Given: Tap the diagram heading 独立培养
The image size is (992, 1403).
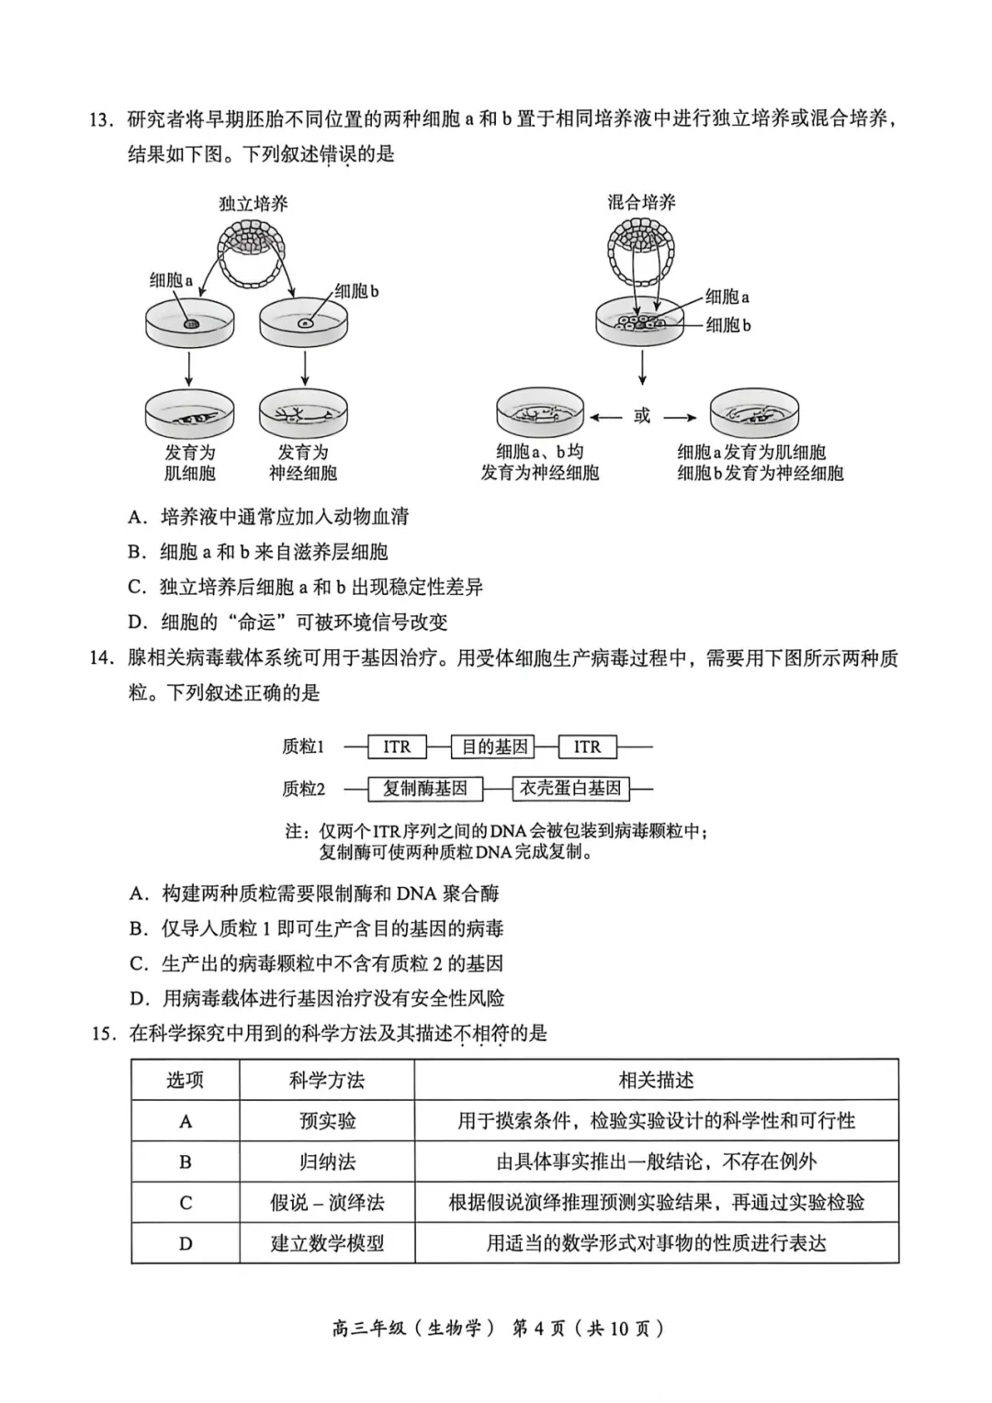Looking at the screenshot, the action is pyautogui.click(x=253, y=203).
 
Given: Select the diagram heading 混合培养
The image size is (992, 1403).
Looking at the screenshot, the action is pyautogui.click(x=641, y=202).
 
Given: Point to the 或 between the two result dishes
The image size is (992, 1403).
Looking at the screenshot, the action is pyautogui.click(x=642, y=417).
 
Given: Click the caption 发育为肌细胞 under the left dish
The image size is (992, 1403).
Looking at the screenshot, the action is pyautogui.click(x=189, y=463).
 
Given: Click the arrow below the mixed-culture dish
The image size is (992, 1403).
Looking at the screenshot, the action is pyautogui.click(x=642, y=366).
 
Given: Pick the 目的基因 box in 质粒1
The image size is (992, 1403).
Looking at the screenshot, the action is pyautogui.click(x=494, y=746).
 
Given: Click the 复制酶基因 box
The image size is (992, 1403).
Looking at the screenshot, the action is pyautogui.click(x=424, y=788).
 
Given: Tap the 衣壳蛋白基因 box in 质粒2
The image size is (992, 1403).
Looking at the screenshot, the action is pyautogui.click(x=570, y=788).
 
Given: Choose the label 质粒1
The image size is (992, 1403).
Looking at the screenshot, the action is pyautogui.click(x=303, y=746).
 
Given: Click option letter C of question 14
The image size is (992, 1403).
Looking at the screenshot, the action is pyautogui.click(x=138, y=963).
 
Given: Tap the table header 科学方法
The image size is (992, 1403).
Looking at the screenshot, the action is pyautogui.click(x=326, y=1080).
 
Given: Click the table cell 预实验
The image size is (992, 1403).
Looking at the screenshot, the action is pyautogui.click(x=326, y=1121).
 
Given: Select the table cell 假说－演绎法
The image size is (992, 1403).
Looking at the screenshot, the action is pyautogui.click(x=326, y=1202).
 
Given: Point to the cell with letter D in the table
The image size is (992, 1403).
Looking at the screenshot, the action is pyautogui.click(x=185, y=1243).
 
